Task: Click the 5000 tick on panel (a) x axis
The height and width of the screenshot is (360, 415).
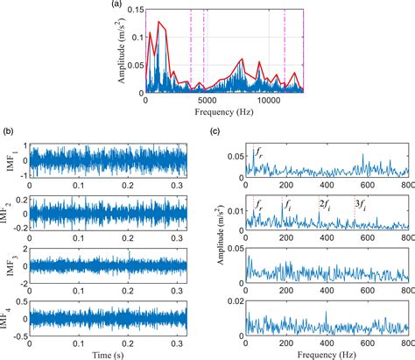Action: [207, 101]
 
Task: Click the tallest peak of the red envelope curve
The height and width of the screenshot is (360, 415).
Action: [158, 22]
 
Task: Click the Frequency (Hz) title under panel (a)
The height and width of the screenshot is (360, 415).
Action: [224, 114]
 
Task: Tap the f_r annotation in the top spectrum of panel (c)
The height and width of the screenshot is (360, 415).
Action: [257, 154]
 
